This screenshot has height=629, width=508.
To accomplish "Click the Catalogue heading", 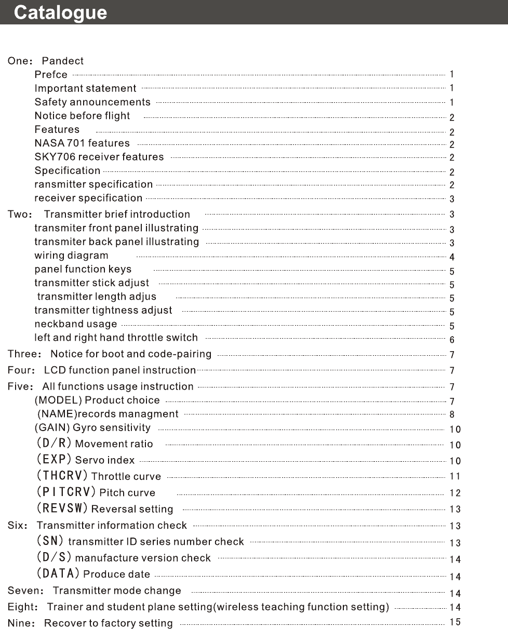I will (60, 13).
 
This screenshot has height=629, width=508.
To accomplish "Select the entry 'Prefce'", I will (51, 75).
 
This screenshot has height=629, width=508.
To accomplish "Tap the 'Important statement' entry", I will (85, 89).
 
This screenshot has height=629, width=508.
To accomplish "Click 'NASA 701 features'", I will (82, 143).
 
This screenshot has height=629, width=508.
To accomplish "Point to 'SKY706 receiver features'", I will (99, 157).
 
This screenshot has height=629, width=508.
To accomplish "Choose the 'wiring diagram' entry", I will (71, 256).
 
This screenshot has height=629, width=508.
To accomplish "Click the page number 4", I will (452, 257).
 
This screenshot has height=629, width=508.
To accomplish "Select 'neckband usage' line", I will (76, 324).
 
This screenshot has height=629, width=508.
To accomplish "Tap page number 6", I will (452, 340).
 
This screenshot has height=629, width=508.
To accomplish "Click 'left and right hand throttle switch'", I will (116, 338).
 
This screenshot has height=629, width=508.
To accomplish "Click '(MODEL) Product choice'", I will (97, 400).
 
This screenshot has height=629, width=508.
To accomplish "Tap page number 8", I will (452, 414).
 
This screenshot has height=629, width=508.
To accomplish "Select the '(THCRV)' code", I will (62, 476).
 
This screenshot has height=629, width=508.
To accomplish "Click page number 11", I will (455, 476).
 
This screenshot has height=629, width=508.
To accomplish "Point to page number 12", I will (455, 493).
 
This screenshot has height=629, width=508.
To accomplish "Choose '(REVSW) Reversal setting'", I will (104, 508).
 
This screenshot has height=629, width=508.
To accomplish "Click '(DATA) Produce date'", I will (93, 574).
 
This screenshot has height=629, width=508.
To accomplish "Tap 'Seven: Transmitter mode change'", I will (94, 591).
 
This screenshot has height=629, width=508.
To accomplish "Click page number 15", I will (455, 622).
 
